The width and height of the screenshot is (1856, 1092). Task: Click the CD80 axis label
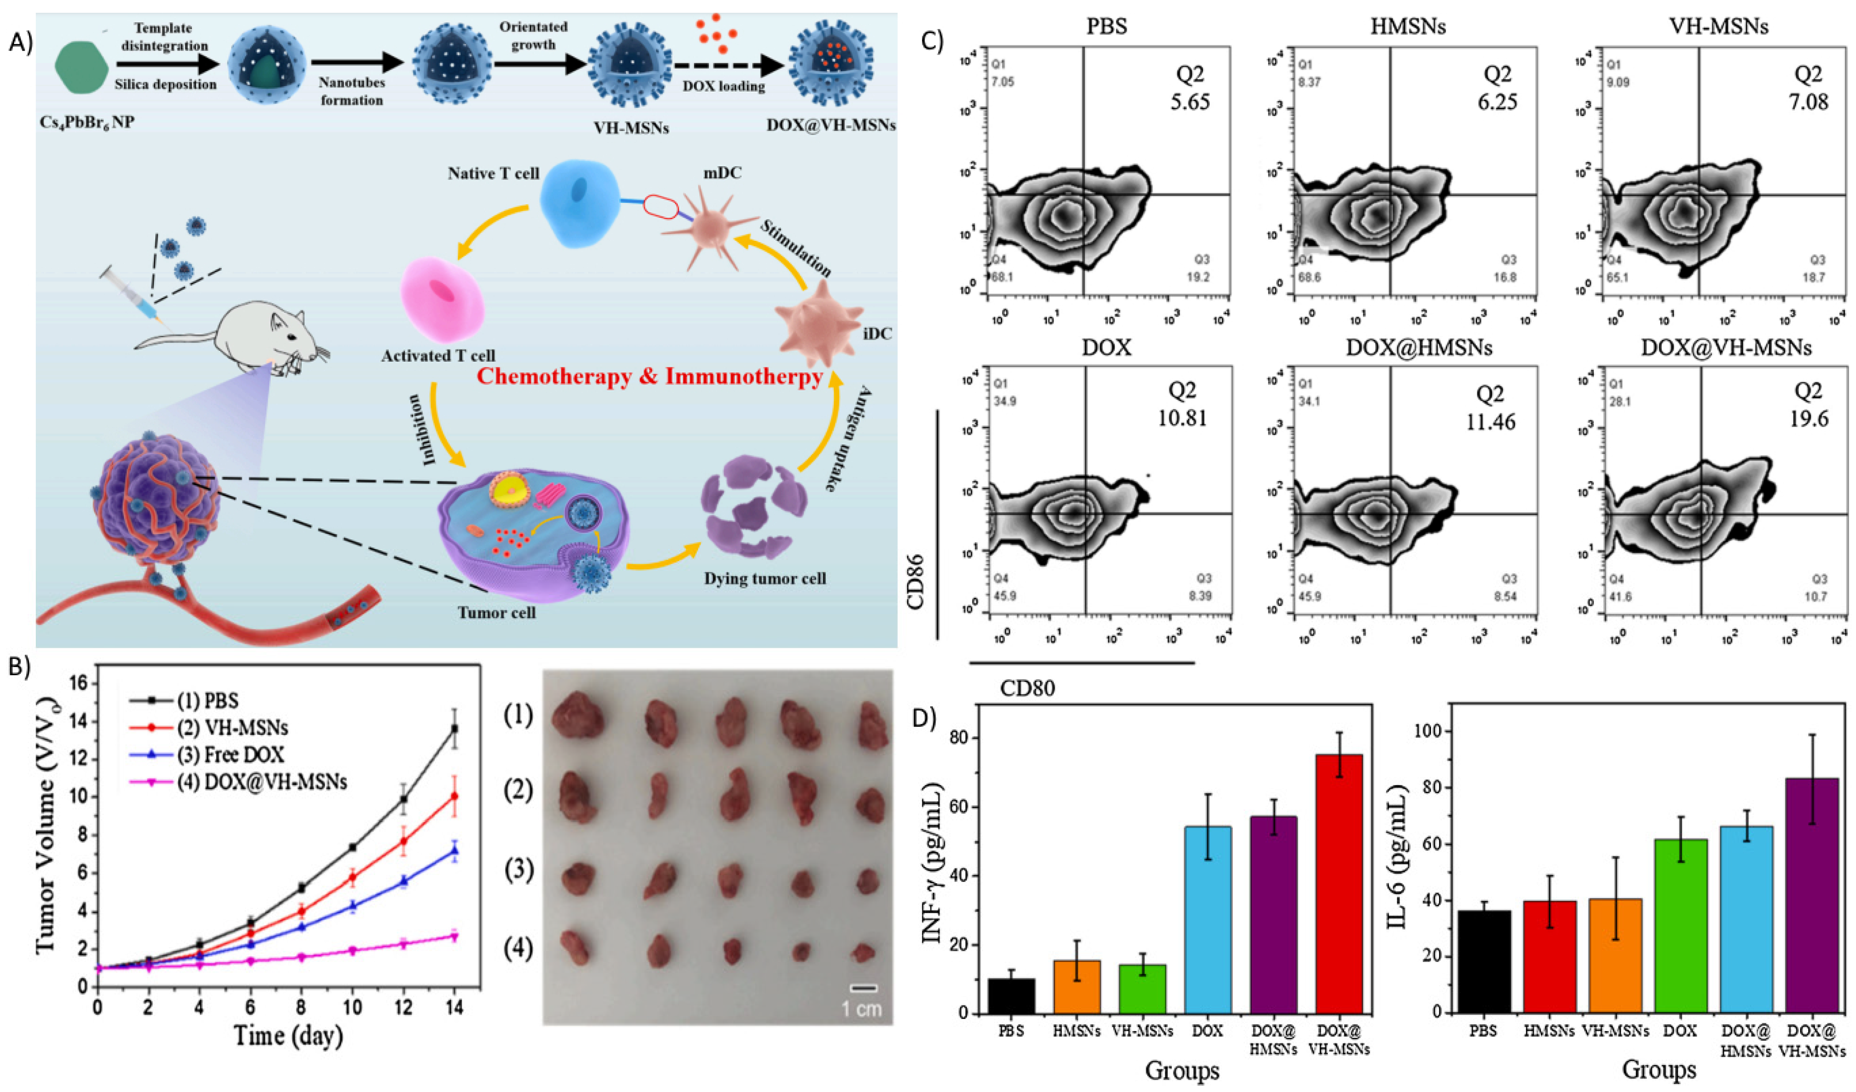point(1027,688)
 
